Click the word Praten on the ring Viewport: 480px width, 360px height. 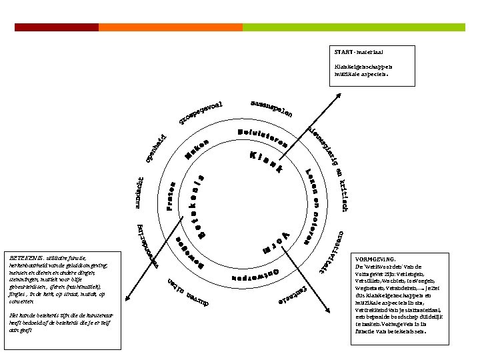[x=171, y=197]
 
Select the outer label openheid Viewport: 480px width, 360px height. [x=156, y=148]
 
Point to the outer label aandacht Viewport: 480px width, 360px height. [x=140, y=193]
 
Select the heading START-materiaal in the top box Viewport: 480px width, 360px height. [x=359, y=51]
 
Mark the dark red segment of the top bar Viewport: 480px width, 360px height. [x=57, y=27]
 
